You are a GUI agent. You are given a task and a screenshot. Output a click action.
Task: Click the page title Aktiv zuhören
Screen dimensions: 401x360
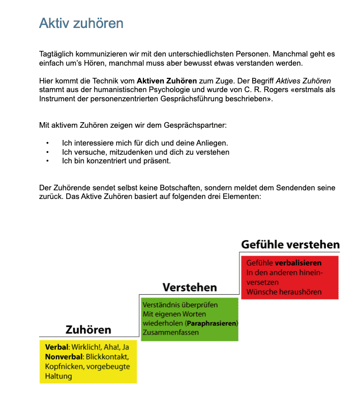tap(81, 23)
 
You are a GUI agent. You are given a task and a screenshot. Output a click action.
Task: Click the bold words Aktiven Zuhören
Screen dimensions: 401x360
tap(166, 80)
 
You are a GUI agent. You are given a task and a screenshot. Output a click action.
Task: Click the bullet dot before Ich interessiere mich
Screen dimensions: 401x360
tap(47, 143)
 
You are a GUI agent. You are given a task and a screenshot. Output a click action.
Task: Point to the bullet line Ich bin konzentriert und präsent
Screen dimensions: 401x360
tap(116, 161)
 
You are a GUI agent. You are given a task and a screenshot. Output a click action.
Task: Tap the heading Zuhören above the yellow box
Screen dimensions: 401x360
tap(88, 329)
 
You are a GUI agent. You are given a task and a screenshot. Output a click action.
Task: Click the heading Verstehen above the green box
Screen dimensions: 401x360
tap(189, 287)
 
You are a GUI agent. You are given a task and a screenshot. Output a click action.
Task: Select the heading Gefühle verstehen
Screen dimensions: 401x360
tap(290, 244)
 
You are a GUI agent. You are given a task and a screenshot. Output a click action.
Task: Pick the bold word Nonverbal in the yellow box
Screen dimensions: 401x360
tap(64, 357)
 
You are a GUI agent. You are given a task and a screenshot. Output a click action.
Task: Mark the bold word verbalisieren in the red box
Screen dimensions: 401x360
tap(298, 263)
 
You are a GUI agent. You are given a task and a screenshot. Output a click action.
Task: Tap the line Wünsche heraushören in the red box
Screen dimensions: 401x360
tap(279, 292)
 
